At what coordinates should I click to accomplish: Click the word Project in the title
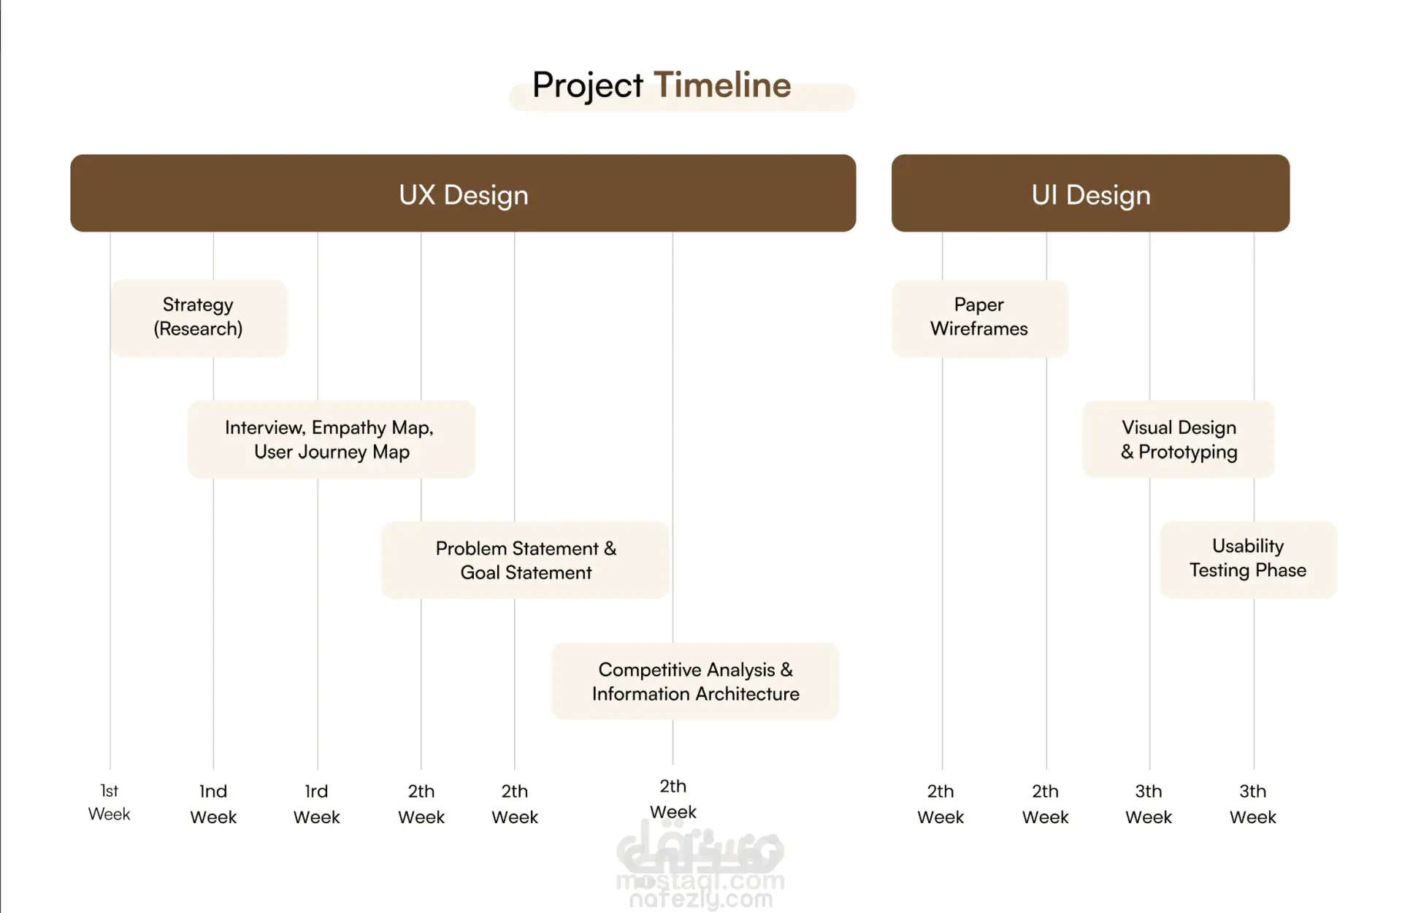(587, 86)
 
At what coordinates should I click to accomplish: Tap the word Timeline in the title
(722, 85)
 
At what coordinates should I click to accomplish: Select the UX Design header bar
(463, 193)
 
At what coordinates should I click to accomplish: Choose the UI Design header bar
(1090, 193)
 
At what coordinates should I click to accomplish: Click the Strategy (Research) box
(199, 318)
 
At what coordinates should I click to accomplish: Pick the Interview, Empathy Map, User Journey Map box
(331, 439)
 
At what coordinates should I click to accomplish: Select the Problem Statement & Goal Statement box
(525, 560)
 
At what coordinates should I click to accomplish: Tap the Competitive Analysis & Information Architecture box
(695, 681)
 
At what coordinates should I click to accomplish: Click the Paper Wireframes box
(979, 318)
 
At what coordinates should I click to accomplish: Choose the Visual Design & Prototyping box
(1179, 439)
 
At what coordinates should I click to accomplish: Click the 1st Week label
(110, 802)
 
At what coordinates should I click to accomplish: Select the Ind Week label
(213, 804)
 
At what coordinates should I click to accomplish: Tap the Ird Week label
(316, 804)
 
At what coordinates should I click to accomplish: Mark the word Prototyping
(1188, 453)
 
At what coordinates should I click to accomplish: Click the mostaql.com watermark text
(700, 882)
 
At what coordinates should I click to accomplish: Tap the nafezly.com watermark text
(701, 899)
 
